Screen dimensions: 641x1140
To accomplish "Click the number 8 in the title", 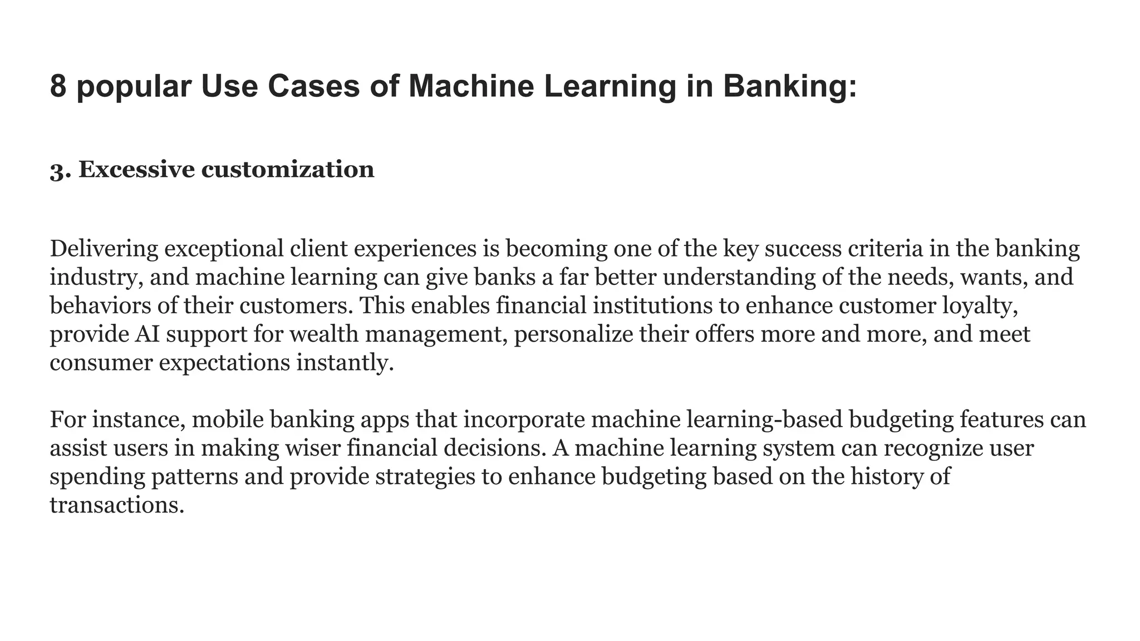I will pos(58,87).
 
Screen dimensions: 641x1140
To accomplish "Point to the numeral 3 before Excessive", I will pos(57,170).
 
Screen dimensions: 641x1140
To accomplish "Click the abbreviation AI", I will pos(146,334).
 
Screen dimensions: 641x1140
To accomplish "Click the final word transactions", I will pos(116,505).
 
